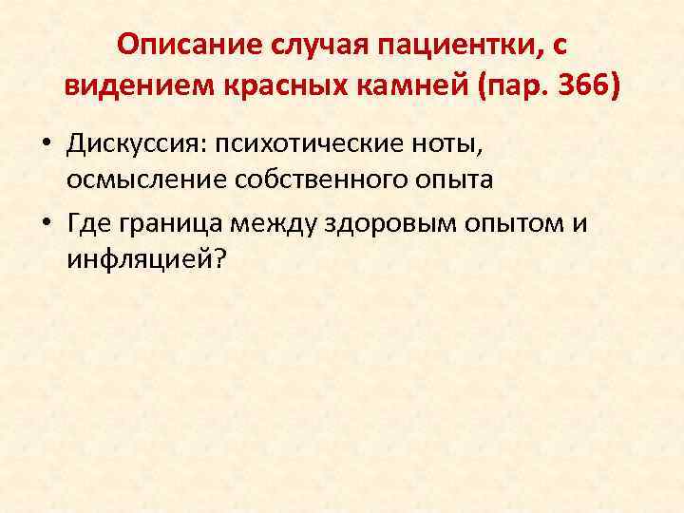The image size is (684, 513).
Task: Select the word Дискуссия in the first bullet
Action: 136,144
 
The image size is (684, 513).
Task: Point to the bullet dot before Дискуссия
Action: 47,145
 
